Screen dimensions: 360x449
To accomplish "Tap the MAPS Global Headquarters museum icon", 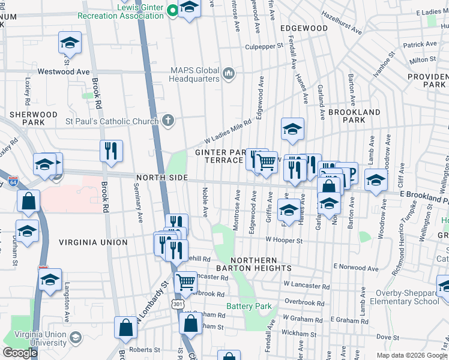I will pos(228,74).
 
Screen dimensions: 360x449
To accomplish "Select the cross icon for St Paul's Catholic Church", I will pos(169,121).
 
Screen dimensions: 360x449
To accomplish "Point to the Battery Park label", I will pos(249,307).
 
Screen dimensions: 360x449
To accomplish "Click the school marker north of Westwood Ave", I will pos(70,43).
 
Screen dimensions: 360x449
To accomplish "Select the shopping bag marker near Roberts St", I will pos(126,328).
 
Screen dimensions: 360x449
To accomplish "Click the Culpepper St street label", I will pos(264,46).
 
